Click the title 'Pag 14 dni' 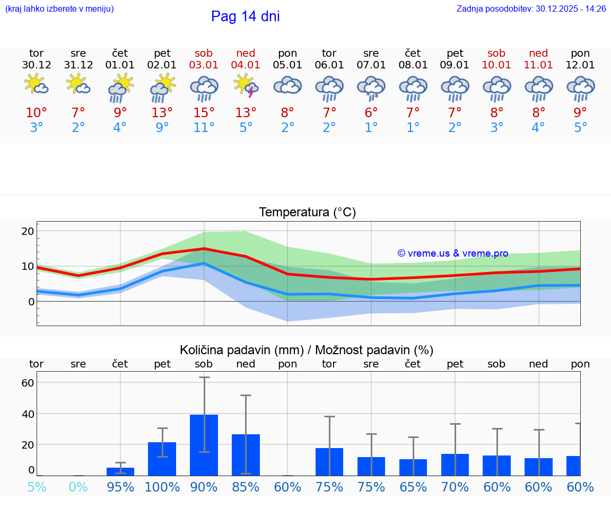(245, 16)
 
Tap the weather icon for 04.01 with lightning (246, 85)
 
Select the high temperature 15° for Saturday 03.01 (204, 112)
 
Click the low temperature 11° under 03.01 (204, 128)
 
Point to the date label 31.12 (78, 65)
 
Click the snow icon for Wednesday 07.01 (371, 87)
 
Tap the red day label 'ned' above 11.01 (538, 53)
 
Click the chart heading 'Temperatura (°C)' (307, 212)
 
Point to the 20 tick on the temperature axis (28, 231)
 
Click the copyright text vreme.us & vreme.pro (453, 253)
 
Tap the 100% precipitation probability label (162, 487)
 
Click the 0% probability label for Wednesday (78, 487)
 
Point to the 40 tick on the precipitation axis (28, 414)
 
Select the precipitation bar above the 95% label (120, 471)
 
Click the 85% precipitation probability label (246, 487)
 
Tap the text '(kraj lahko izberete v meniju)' (59, 9)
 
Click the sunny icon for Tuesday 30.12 (37, 85)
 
